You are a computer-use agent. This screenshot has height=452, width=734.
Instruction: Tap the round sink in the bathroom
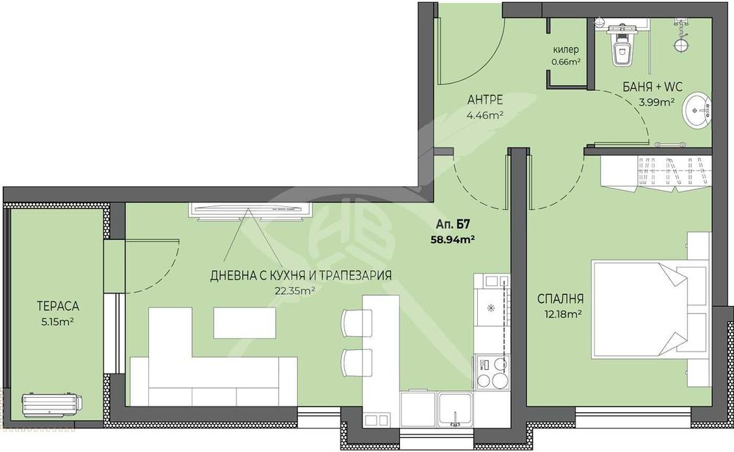pos(697,110)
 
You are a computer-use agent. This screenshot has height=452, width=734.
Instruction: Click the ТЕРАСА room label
pos(58,306)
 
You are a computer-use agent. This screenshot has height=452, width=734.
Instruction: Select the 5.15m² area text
pos(58,322)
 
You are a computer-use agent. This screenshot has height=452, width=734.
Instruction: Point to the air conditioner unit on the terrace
pos(51,404)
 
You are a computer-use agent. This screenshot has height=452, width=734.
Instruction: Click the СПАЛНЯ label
pos(560,299)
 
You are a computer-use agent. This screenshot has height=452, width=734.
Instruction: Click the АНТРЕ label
pos(485,100)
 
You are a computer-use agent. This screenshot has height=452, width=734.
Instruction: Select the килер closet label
pos(566,50)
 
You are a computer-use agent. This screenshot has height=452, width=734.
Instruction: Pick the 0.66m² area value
pos(567,62)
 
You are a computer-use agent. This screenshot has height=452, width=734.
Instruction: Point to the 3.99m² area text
pos(656,101)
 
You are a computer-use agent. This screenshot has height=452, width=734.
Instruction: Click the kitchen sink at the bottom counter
pos(455,410)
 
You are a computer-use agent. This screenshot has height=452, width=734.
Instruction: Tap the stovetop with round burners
pos(492,372)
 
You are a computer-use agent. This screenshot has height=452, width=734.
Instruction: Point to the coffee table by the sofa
pos(244,322)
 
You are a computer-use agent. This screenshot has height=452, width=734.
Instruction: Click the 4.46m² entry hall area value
pos(485,114)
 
